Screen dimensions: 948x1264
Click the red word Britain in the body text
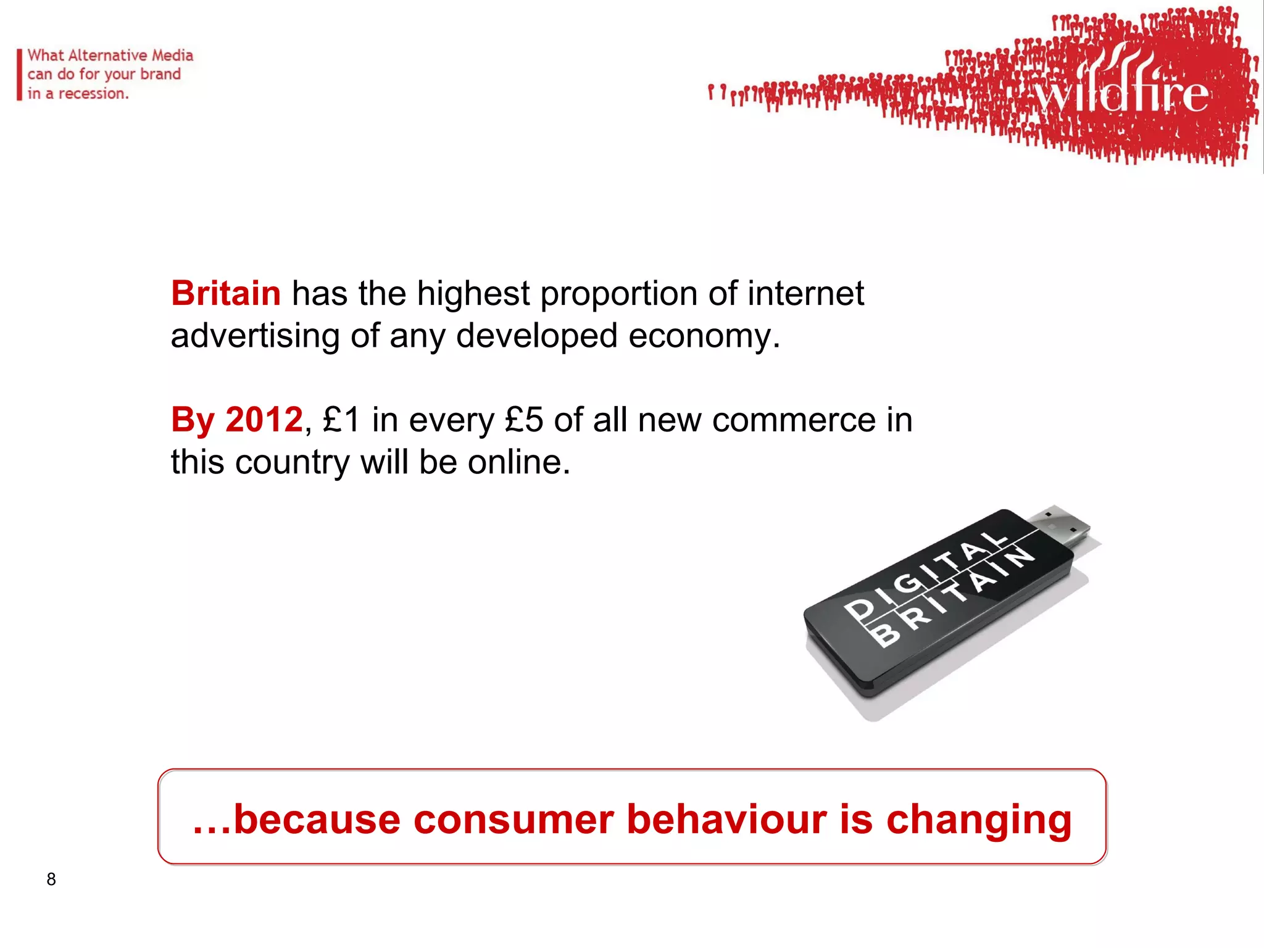pos(226,293)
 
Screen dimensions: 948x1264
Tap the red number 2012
pos(264,420)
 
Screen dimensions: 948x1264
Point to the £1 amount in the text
pos(341,420)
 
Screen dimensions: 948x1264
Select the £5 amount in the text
pos(524,420)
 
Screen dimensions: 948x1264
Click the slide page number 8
pos(51,879)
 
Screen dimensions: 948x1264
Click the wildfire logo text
pos(1120,93)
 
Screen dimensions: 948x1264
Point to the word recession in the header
pos(93,94)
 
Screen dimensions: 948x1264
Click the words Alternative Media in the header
pos(131,56)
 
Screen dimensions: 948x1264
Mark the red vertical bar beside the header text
pos(20,75)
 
